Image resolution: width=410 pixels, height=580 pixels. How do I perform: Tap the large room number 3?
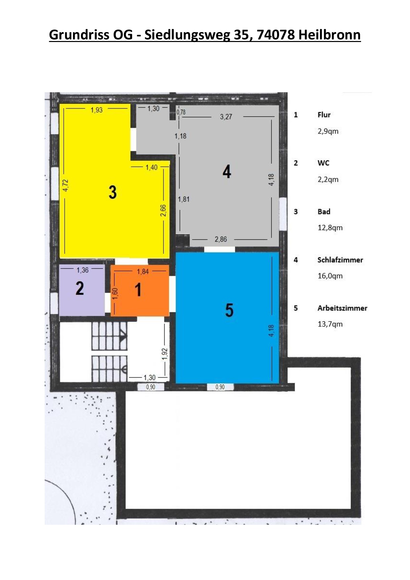pyautogui.click(x=113, y=192)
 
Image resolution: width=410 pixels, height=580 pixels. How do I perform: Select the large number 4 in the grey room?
pyautogui.click(x=227, y=172)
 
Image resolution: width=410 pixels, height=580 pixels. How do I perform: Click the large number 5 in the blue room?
pyautogui.click(x=229, y=310)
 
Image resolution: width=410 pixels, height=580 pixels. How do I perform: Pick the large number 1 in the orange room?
pyautogui.click(x=138, y=290)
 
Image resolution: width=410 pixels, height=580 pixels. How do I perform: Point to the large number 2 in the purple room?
pyautogui.click(x=80, y=288)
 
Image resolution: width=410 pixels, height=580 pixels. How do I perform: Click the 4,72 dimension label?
pyautogui.click(x=65, y=186)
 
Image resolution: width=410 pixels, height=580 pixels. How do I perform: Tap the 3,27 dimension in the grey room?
pyautogui.click(x=226, y=117)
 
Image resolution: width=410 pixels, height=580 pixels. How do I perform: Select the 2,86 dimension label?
pyautogui.click(x=221, y=239)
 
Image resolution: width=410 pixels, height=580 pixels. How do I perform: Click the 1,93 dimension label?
pyautogui.click(x=97, y=110)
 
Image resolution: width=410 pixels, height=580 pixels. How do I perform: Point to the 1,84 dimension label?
pyautogui.click(x=143, y=271)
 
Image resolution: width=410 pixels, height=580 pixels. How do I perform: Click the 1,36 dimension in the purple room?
pyautogui.click(x=83, y=270)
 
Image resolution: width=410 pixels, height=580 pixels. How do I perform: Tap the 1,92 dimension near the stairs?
pyautogui.click(x=165, y=354)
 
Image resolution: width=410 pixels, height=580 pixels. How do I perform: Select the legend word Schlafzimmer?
pyautogui.click(x=340, y=260)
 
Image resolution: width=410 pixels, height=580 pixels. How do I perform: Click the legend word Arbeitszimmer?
pyautogui.click(x=343, y=308)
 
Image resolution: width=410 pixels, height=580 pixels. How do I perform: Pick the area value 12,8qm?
pyautogui.click(x=330, y=228)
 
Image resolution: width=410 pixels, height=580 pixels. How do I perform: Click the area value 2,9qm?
pyautogui.click(x=328, y=131)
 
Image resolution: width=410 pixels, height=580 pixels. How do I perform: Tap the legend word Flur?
pyautogui.click(x=324, y=115)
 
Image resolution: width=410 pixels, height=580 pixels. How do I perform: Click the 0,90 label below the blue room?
pyautogui.click(x=220, y=387)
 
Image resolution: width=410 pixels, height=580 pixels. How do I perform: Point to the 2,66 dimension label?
pyautogui.click(x=163, y=211)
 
